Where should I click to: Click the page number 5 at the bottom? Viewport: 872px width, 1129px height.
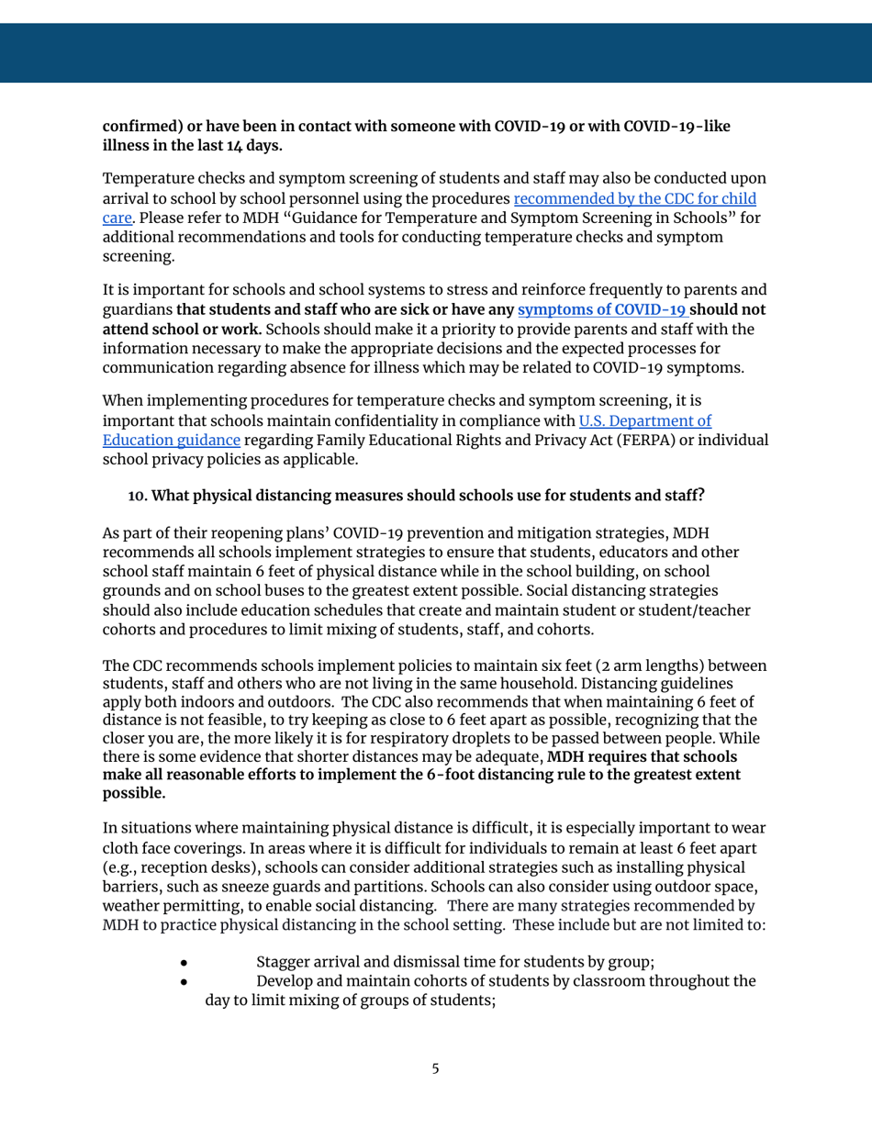pyautogui.click(x=436, y=1069)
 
